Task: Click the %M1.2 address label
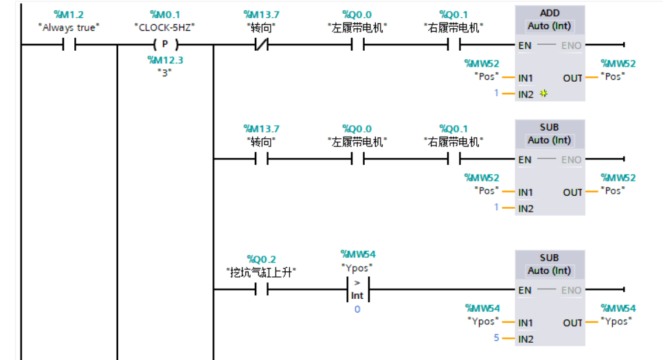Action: click(69, 14)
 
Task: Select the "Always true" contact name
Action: click(69, 27)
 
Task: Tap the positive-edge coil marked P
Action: click(165, 45)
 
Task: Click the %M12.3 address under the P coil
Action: click(165, 60)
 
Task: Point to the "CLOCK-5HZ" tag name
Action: click(165, 27)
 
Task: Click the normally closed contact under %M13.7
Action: click(261, 45)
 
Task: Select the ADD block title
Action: click(549, 12)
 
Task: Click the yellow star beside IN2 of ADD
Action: click(543, 93)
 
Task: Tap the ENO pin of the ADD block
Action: click(571, 45)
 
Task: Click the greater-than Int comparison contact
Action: click(357, 289)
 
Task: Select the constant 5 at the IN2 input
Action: click(496, 338)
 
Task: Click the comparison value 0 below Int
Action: click(357, 309)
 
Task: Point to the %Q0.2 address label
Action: click(261, 259)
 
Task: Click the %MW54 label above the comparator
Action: click(357, 254)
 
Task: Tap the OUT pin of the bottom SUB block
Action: click(572, 322)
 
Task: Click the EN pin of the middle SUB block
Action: click(525, 159)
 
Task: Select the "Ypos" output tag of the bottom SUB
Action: click(618, 321)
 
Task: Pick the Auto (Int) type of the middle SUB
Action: click(549, 140)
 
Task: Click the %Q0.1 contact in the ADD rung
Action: click(453, 45)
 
